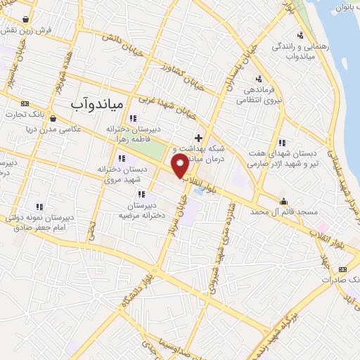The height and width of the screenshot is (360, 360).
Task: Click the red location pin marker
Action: (181, 166)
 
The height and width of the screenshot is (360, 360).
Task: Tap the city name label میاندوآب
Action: (97, 103)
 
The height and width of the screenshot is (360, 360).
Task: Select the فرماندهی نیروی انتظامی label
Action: (257, 95)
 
